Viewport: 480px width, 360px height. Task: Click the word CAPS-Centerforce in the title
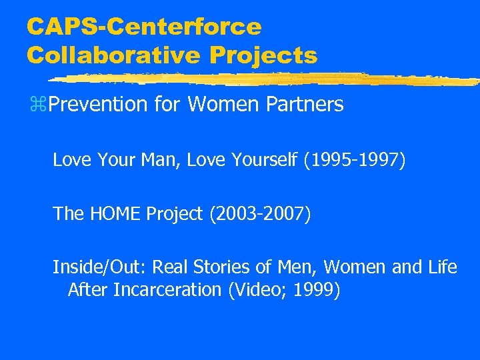point(144,27)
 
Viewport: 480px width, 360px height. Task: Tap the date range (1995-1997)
point(354,160)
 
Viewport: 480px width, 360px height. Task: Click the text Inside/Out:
point(100,268)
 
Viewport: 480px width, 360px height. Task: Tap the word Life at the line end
point(443,268)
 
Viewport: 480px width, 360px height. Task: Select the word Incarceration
point(159,290)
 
